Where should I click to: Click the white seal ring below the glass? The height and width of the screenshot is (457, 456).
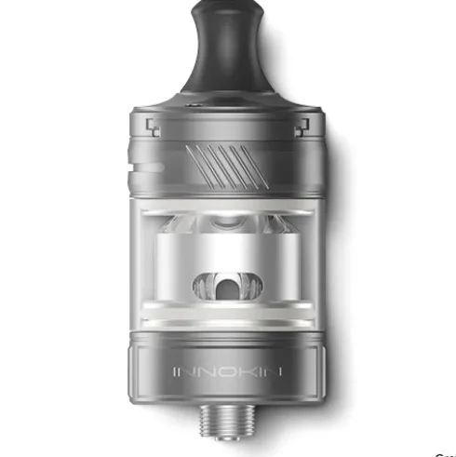coord(229,329)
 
